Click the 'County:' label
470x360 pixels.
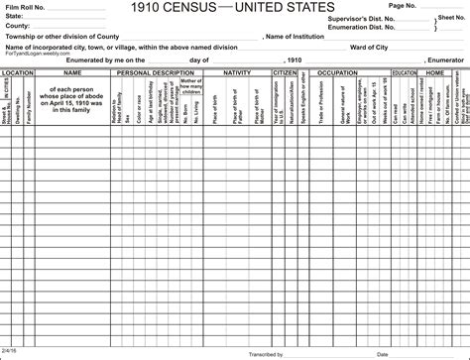coord(17,26)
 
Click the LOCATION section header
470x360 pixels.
coord(19,72)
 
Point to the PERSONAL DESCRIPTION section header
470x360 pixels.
coord(154,72)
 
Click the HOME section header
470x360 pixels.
coord(434,72)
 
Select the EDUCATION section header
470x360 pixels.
coord(405,72)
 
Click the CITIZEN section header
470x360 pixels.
coord(284,72)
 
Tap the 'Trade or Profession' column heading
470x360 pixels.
coord(320,99)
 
